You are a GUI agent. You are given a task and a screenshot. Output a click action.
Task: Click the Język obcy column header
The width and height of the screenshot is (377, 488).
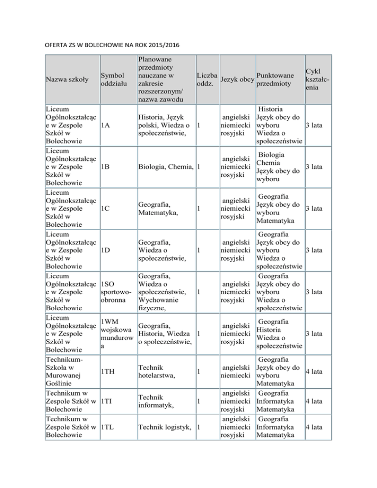tap(237, 80)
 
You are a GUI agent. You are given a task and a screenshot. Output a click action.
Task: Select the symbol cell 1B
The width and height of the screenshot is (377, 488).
tap(106, 167)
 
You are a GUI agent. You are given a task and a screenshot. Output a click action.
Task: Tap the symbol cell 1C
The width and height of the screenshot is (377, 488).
tap(106, 208)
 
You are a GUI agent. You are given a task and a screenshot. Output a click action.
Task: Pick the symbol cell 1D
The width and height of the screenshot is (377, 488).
tap(106, 250)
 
